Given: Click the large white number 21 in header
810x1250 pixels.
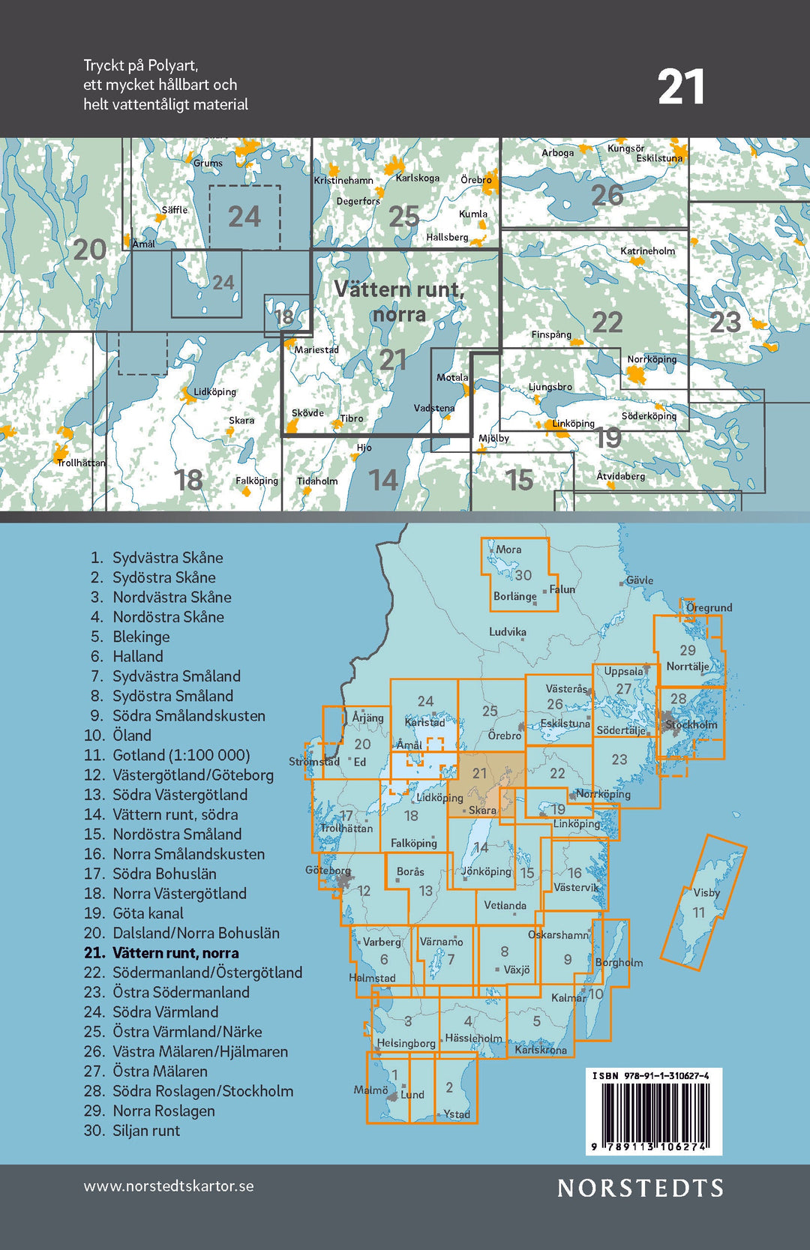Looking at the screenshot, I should [x=681, y=88].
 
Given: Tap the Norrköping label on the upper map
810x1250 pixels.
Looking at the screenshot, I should [x=651, y=359].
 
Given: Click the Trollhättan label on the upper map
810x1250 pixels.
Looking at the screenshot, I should [x=81, y=463].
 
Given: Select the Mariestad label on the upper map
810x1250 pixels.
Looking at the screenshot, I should [x=316, y=349].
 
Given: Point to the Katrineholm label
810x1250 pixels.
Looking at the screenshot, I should [x=647, y=251].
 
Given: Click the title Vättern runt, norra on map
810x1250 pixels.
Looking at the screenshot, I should [x=399, y=301].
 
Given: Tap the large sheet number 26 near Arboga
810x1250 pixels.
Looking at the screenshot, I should [x=607, y=196].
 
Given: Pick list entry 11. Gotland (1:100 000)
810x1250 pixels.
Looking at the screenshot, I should [x=167, y=755].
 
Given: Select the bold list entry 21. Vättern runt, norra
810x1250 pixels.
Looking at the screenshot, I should [x=161, y=953].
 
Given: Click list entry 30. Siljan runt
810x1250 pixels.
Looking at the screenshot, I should [x=132, y=1131].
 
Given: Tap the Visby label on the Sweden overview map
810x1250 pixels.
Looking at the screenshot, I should [x=706, y=892].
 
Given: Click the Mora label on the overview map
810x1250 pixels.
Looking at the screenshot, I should [x=508, y=550].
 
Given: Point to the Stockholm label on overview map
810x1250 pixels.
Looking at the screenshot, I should [x=691, y=724].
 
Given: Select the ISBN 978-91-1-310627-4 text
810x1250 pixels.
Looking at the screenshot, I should [x=650, y=1075].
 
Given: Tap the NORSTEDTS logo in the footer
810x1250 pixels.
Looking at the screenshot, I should [x=640, y=1188].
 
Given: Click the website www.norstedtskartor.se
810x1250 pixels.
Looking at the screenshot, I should [x=169, y=1186].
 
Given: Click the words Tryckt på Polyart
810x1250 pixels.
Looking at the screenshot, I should [x=140, y=65].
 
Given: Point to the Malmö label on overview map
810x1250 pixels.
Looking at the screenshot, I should [x=370, y=1090].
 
